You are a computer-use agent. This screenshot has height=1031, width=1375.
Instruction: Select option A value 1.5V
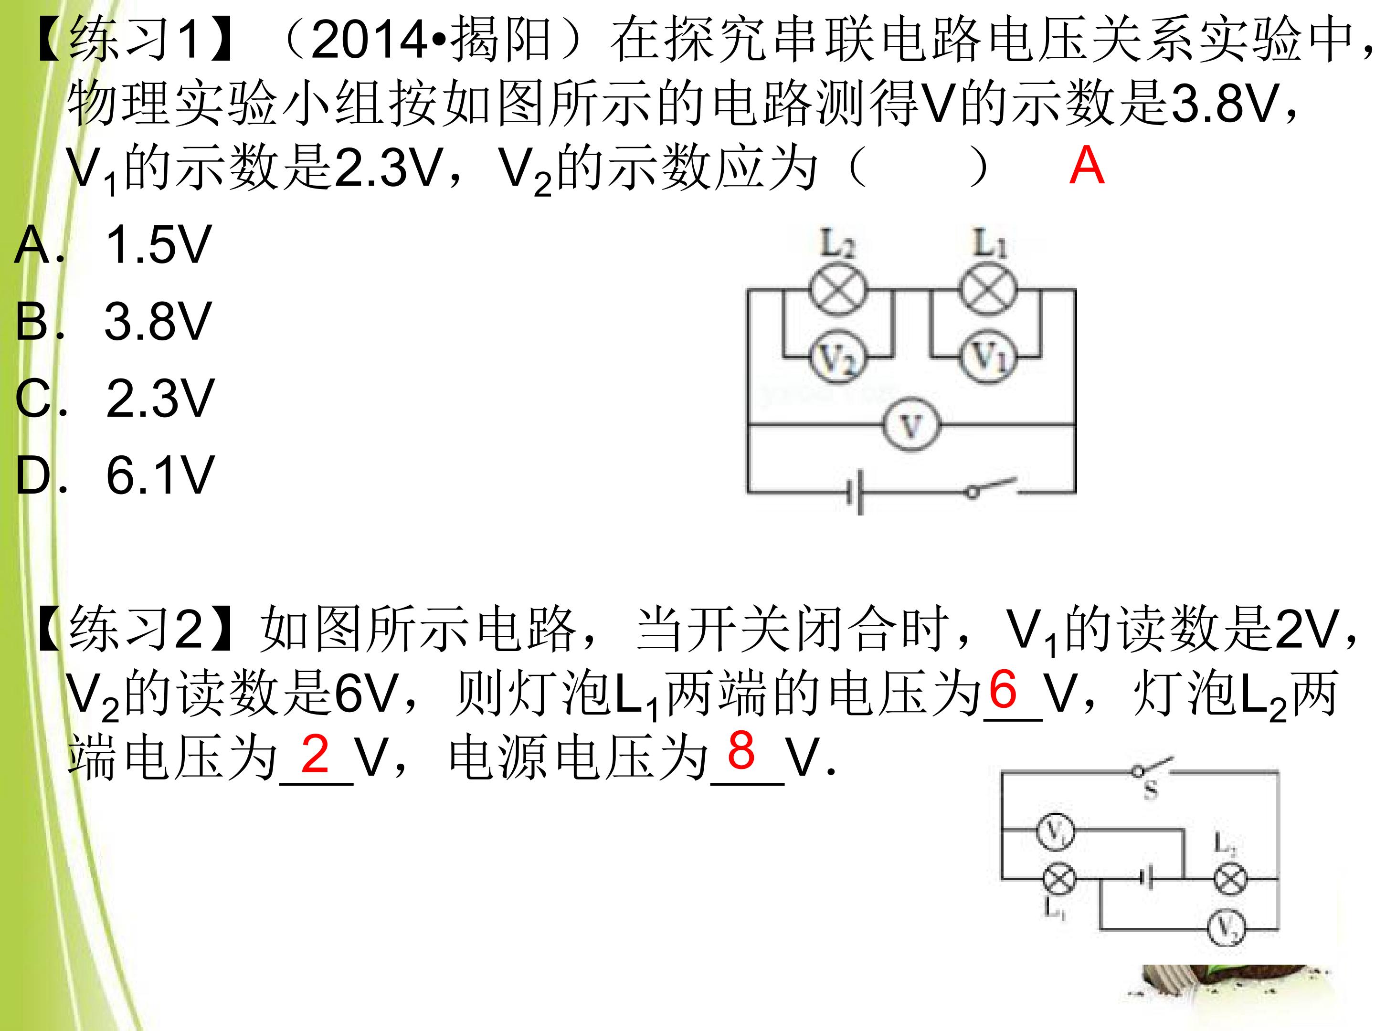point(159,245)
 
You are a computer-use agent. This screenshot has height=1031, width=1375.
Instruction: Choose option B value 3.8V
point(159,321)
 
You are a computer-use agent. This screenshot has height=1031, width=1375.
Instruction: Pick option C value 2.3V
point(160,399)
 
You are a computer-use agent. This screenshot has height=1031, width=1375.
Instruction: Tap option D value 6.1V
point(160,475)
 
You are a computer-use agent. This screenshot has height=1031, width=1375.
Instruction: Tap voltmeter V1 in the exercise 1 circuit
point(988,358)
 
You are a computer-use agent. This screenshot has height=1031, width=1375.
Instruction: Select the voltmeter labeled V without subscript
point(911,425)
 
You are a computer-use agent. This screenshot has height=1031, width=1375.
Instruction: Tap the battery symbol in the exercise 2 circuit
point(1147,879)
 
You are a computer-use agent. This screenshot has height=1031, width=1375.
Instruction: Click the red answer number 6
point(1003,689)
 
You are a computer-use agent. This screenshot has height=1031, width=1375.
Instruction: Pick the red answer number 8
point(741,750)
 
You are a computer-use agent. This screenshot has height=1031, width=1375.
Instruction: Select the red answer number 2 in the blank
point(315,754)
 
